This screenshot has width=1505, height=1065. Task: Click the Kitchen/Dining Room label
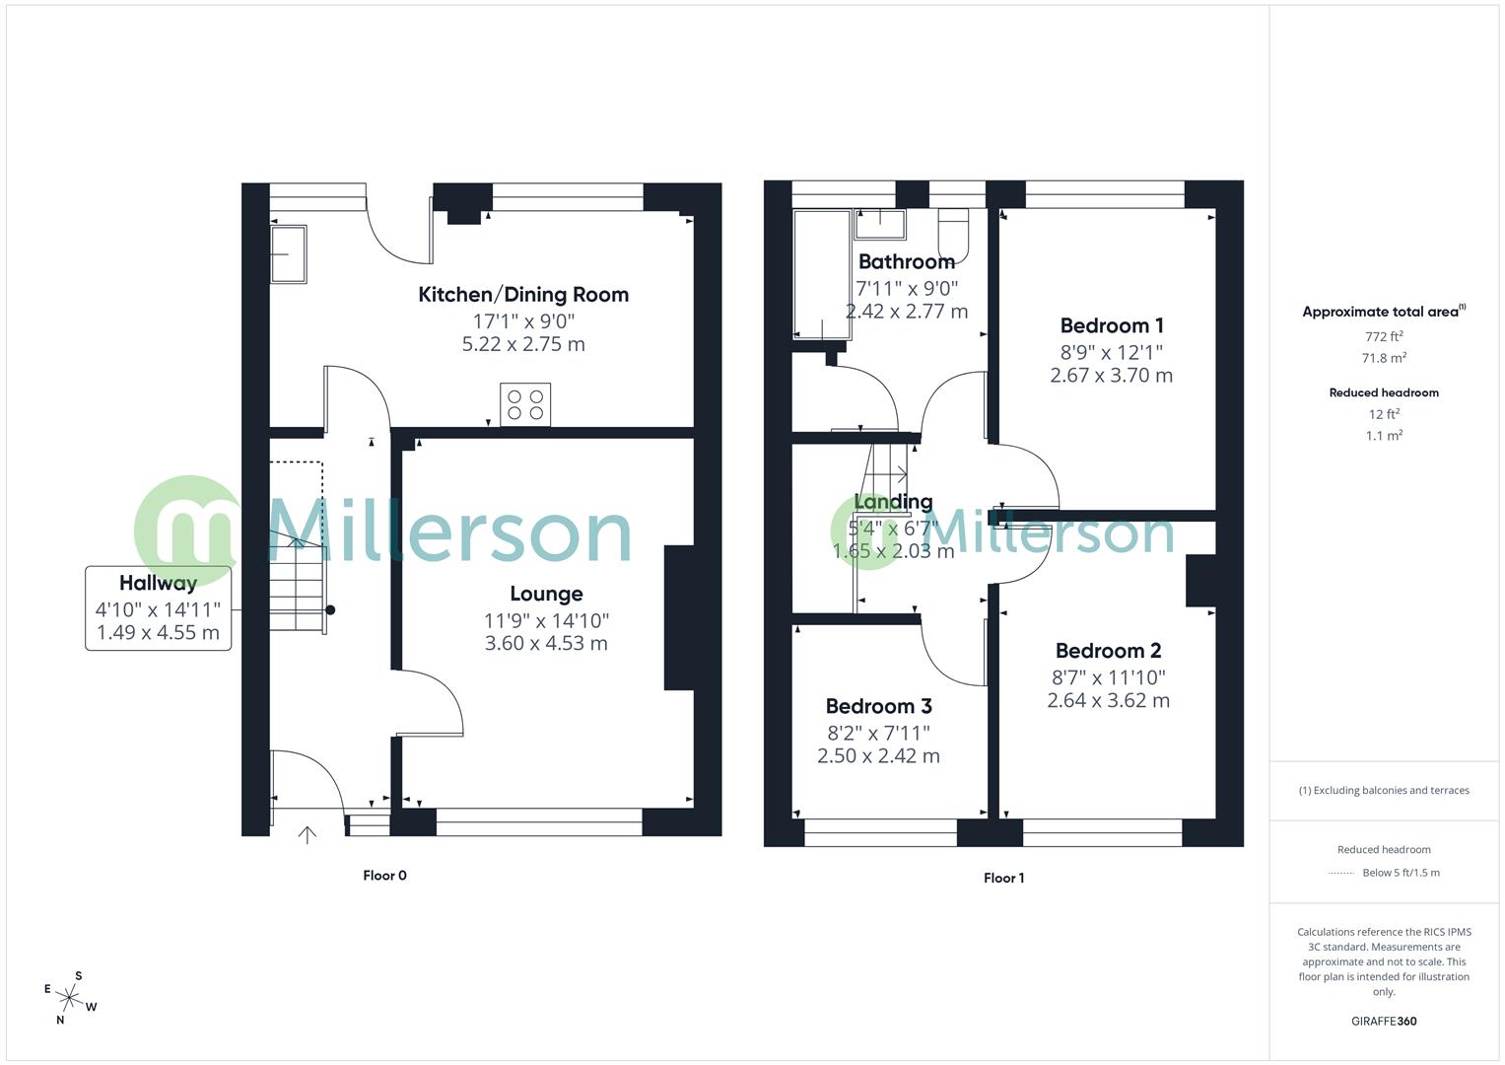523,294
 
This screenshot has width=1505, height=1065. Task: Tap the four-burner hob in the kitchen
525,404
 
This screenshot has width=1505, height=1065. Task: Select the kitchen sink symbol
288,254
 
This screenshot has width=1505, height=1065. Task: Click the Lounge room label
546,594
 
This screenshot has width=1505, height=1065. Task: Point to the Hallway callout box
158,607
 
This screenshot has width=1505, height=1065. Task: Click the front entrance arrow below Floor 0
308,835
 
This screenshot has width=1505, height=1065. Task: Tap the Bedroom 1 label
1112,325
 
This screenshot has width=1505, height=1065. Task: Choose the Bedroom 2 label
1108,651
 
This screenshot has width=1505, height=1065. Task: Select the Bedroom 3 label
878,706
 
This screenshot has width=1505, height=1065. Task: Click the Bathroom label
906,261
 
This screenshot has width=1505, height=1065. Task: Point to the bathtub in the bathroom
822,273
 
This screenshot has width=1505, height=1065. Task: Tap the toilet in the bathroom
953,233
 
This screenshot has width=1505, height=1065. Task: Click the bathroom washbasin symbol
879,224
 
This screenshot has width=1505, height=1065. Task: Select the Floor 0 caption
384,876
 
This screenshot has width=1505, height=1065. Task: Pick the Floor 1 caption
1003,878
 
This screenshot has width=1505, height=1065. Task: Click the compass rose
70,997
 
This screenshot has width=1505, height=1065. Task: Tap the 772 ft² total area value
1383,336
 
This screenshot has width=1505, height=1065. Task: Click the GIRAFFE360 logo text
1384,1021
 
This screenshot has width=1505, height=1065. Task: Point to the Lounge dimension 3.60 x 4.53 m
546,644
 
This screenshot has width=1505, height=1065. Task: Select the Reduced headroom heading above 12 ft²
1383,392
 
